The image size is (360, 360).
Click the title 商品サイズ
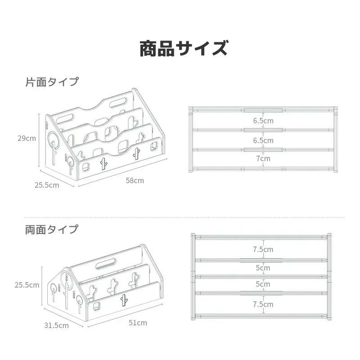click(183, 48)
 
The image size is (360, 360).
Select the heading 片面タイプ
click(51, 82)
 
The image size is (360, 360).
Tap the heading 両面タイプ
click(51, 229)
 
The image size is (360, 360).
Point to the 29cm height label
click(27, 138)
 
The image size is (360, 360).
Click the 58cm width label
click(135, 180)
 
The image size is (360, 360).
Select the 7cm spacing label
click(263, 158)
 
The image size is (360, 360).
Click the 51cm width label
click(138, 323)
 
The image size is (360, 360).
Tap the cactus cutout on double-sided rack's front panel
click(123, 300)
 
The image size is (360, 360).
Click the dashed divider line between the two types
click(180, 217)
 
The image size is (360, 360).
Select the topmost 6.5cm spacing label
click(263, 121)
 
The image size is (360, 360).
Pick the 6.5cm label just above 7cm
click(263, 140)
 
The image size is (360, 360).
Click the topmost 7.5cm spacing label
click(263, 249)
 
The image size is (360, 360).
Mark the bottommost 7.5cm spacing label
click(263, 304)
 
